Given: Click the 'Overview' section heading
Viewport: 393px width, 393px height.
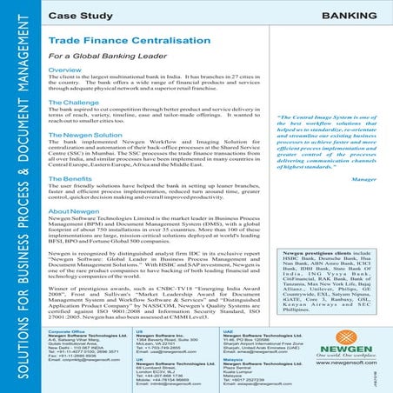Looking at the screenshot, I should [64, 70].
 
